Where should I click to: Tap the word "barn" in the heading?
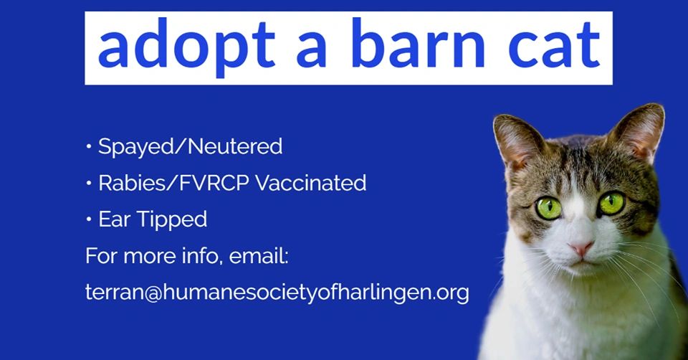[x=418, y=44]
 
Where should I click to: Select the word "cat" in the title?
[x=555, y=46]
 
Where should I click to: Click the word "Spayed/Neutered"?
[x=190, y=146]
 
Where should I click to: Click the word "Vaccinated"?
[x=310, y=183]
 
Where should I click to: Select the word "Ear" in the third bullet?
[x=114, y=219]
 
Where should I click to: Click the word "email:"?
[x=259, y=255]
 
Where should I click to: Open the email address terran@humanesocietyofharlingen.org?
[x=277, y=293]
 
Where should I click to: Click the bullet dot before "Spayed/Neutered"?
[x=89, y=146]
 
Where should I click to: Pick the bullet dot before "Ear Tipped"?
[x=89, y=219]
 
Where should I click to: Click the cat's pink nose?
[x=581, y=249]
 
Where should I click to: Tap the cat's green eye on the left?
[x=548, y=208]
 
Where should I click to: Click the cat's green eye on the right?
[x=611, y=203]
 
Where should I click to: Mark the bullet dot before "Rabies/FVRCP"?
[x=89, y=183]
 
